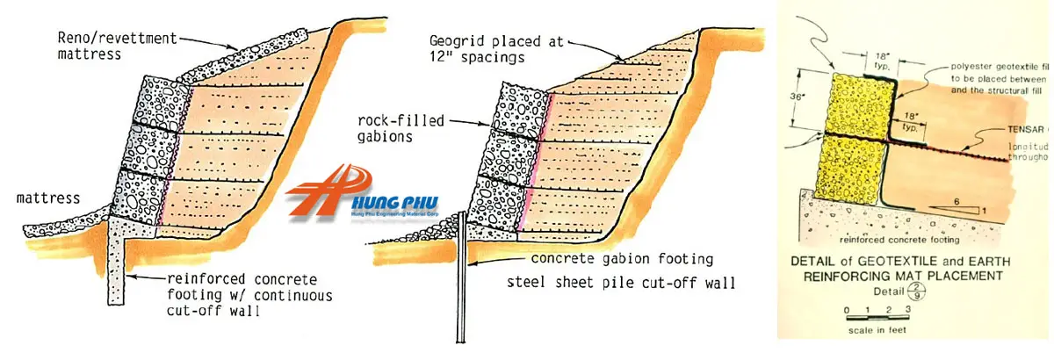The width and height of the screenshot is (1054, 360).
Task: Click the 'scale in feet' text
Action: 876,330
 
